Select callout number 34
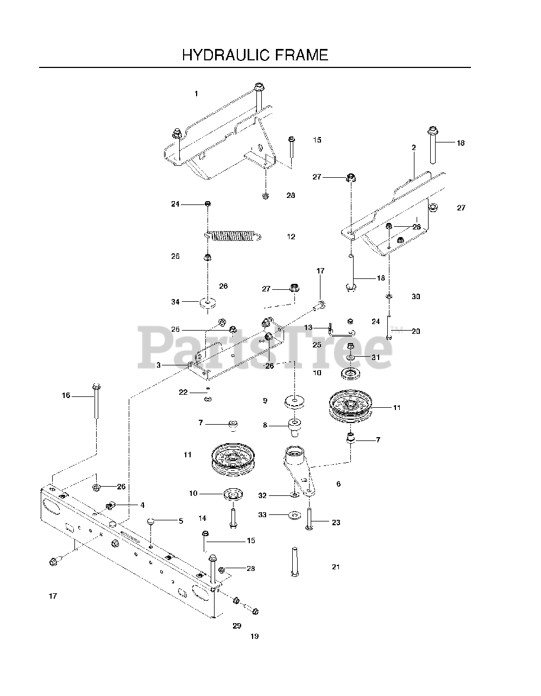(x=175, y=301)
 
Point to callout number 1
(x=196, y=94)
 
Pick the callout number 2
(x=414, y=148)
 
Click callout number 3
(x=159, y=365)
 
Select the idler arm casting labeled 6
(x=297, y=468)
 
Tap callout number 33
(x=262, y=514)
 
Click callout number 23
(x=336, y=523)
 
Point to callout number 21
(x=336, y=567)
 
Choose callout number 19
(x=255, y=636)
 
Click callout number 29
(x=237, y=626)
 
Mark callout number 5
(x=181, y=521)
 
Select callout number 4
(x=142, y=505)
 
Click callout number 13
(x=308, y=327)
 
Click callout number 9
(x=265, y=401)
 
